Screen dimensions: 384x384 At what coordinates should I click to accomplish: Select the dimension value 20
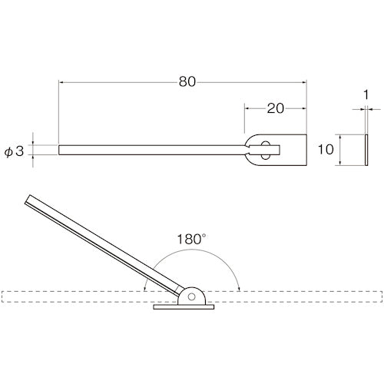click(276, 108)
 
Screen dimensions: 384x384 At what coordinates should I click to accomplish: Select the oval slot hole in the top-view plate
click(265, 151)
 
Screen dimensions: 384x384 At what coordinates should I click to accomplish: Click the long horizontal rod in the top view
click(154, 150)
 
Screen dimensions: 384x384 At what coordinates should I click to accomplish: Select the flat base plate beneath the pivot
click(185, 308)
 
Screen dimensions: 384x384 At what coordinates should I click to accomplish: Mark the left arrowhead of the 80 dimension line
click(62, 81)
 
